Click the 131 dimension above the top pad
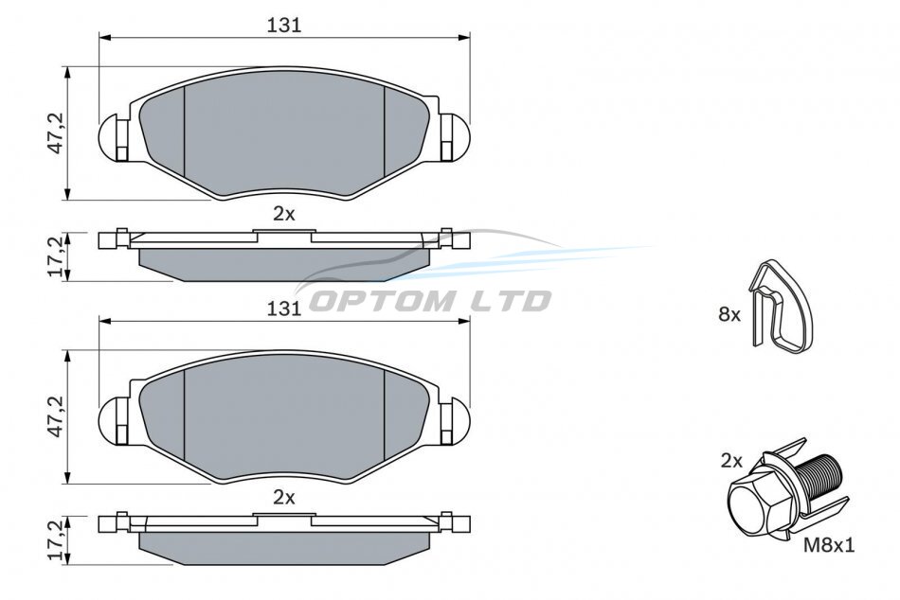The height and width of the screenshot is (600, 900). (284, 26)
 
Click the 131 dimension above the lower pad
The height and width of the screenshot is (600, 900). (284, 309)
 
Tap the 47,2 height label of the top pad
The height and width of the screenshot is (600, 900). (56, 133)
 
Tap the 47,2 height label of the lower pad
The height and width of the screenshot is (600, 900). (56, 416)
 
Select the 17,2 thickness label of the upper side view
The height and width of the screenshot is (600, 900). (56, 256)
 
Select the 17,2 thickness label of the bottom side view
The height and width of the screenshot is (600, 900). (56, 539)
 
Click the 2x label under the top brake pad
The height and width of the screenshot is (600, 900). (283, 215)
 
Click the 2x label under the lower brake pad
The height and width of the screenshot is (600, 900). (283, 498)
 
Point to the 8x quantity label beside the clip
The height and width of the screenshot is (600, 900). (729, 314)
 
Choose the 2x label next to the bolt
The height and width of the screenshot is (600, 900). (731, 461)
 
